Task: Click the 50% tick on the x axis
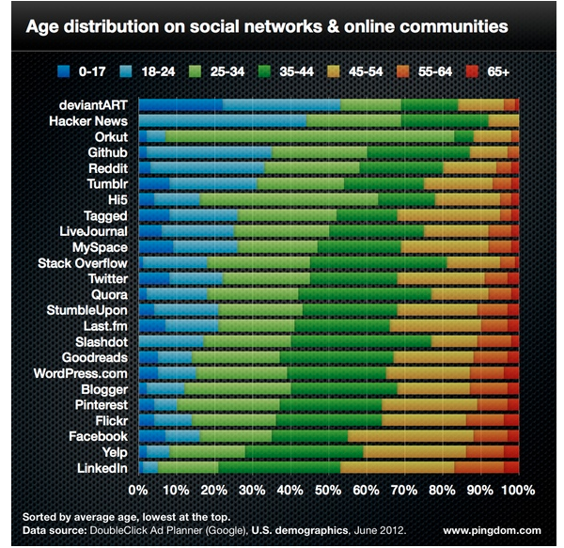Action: tap(328, 491)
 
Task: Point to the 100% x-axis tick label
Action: tap(518, 491)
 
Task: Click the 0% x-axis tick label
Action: tap(138, 491)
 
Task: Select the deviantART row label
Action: tap(93, 104)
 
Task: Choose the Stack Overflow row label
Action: tap(82, 263)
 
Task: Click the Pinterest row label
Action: tap(98, 405)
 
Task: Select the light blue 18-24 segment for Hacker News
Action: tap(222, 120)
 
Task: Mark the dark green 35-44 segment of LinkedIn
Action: tap(279, 467)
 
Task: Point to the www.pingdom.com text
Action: tap(492, 530)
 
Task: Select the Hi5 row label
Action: tap(117, 199)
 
